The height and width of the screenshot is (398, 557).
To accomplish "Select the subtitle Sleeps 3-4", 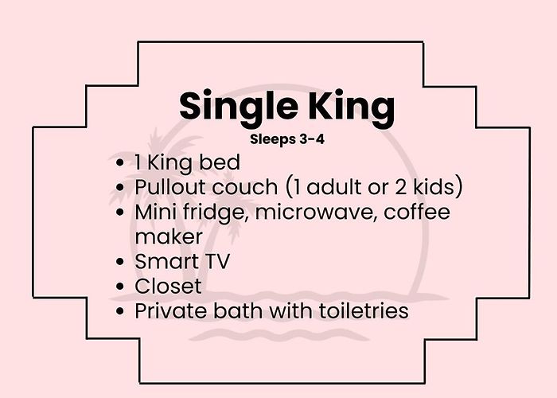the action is [287, 139].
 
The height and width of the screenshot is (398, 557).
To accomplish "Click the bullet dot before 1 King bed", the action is [120, 162].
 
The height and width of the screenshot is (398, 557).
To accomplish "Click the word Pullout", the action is [171, 186].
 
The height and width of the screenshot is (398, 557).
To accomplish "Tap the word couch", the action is [245, 187].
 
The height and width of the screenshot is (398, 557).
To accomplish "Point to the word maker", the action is [169, 236].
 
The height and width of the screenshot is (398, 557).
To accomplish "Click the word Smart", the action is [166, 262].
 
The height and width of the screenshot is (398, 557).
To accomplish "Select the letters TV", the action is [217, 262].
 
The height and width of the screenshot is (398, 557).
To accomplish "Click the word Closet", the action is [169, 286].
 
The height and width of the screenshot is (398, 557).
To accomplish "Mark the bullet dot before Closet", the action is [120, 287].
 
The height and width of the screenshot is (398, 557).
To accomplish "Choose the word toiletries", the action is [364, 311].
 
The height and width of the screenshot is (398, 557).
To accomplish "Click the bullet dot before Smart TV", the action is [120, 262].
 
